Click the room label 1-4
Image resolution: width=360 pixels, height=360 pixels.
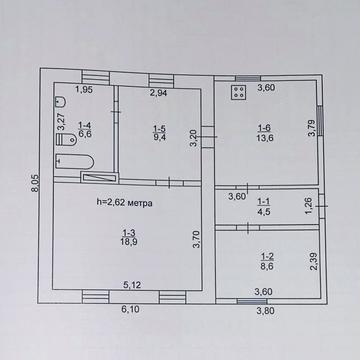tap(84, 122)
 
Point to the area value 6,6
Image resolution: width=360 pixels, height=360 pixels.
tap(84, 132)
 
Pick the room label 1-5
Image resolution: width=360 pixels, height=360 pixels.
tap(159, 128)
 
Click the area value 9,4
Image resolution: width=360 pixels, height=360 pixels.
tap(159, 138)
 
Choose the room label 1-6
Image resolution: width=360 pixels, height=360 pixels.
tap(263, 127)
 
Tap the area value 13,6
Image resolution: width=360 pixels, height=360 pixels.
tap(263, 138)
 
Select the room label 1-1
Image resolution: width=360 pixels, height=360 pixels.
tap(263, 199)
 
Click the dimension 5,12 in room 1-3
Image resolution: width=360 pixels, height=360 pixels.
tap(133, 285)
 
